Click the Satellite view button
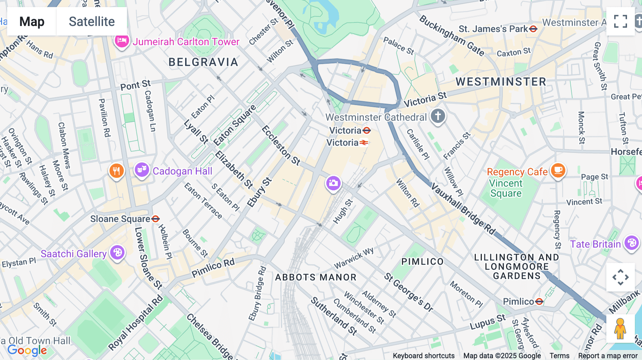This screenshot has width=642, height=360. point(92,21)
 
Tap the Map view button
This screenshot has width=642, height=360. point(32,21)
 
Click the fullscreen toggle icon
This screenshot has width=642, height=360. point(620,21)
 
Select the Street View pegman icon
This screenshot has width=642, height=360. point(620,329)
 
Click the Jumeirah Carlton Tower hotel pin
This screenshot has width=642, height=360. point(121,41)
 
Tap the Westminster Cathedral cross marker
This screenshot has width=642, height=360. point(438,116)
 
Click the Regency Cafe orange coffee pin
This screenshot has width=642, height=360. point(558,170)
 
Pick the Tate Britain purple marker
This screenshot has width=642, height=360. point(631,243)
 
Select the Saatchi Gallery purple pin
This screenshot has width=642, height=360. point(117,253)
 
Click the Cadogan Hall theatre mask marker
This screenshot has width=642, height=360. point(142,170)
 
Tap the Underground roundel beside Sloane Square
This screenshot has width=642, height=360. point(156,219)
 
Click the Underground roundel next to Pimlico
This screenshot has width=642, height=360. point(539,302)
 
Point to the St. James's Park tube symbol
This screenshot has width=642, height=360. point(533,29)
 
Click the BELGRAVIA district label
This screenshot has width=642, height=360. point(203,62)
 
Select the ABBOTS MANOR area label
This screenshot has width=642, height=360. point(316,277)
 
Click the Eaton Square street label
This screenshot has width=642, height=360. point(235,125)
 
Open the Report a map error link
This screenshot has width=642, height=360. point(608,356)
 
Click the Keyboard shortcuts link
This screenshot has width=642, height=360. point(423,356)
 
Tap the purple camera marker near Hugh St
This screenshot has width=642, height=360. point(333,184)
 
